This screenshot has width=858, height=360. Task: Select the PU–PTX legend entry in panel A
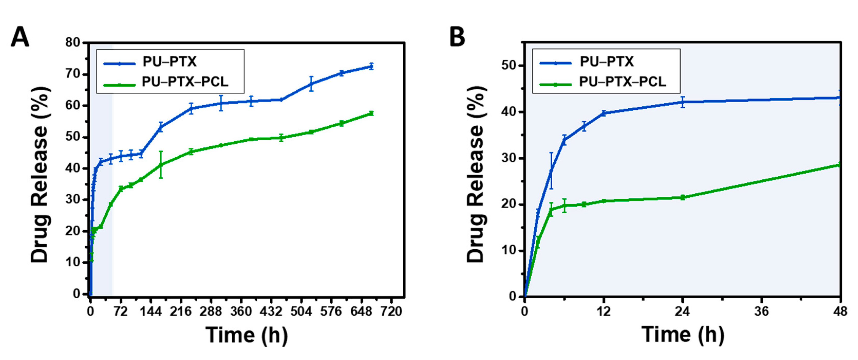point(169,62)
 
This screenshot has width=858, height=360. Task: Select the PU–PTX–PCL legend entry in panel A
point(185,82)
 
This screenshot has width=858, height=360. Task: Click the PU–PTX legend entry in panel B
point(606,62)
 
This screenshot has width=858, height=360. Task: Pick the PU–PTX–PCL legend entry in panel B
point(622,82)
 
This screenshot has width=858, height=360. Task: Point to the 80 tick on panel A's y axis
point(73,43)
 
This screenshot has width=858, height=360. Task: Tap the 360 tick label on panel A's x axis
point(240,312)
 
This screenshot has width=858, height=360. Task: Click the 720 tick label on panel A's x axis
point(391,312)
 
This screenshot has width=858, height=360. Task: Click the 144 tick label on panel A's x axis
point(150,312)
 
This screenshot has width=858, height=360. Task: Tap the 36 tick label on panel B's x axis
point(761,312)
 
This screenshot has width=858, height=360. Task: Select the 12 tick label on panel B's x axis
point(603,312)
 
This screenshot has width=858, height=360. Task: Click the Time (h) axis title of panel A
point(247,335)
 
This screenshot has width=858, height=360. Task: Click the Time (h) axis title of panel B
point(683,335)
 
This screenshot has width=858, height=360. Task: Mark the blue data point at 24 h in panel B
point(682,102)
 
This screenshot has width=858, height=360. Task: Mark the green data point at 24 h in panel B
point(682,197)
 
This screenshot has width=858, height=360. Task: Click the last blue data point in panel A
point(371,67)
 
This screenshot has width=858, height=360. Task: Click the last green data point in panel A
point(371,113)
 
